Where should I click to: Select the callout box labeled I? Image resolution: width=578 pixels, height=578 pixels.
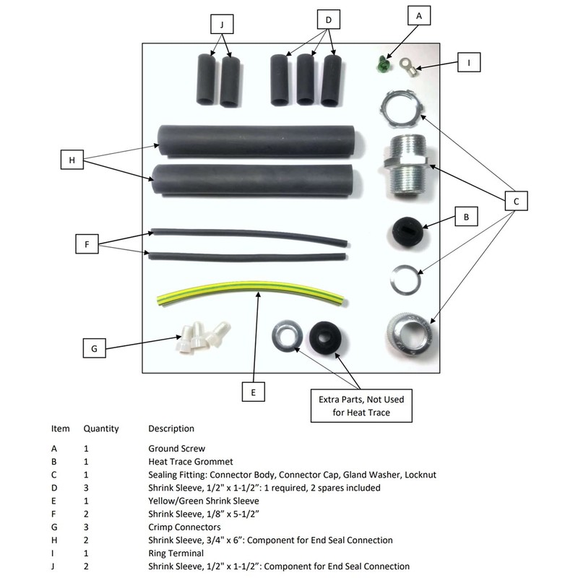[x=469, y=63]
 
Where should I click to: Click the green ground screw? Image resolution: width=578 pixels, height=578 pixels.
[x=383, y=65]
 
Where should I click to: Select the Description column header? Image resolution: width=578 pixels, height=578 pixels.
[x=171, y=428]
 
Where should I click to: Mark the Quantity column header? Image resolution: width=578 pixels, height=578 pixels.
[x=101, y=428]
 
